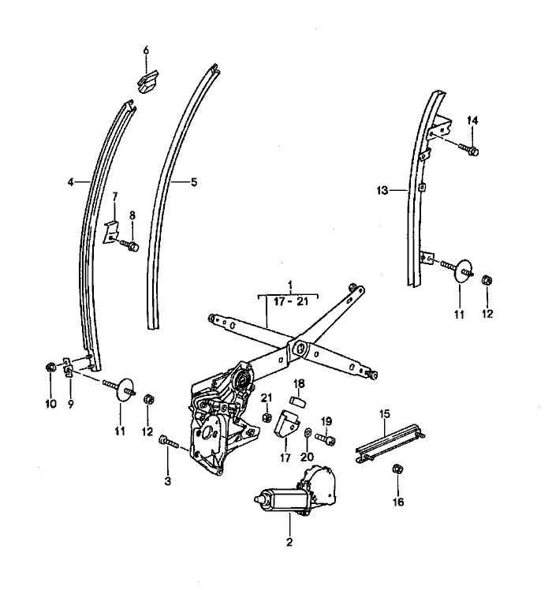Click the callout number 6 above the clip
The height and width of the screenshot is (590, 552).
[145, 50]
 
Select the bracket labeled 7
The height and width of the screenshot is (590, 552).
[111, 230]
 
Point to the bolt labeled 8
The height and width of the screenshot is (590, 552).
[132, 246]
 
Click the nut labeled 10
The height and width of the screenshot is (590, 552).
[50, 367]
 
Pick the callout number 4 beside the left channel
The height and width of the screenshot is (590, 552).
[70, 181]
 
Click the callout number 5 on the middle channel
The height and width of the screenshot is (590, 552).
[194, 181]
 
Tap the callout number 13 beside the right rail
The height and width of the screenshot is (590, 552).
[382, 190]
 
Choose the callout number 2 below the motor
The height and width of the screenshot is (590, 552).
[289, 542]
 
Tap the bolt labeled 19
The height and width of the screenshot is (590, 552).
[326, 437]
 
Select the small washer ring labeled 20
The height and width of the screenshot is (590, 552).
[308, 434]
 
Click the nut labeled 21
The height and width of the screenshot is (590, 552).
[267, 416]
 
